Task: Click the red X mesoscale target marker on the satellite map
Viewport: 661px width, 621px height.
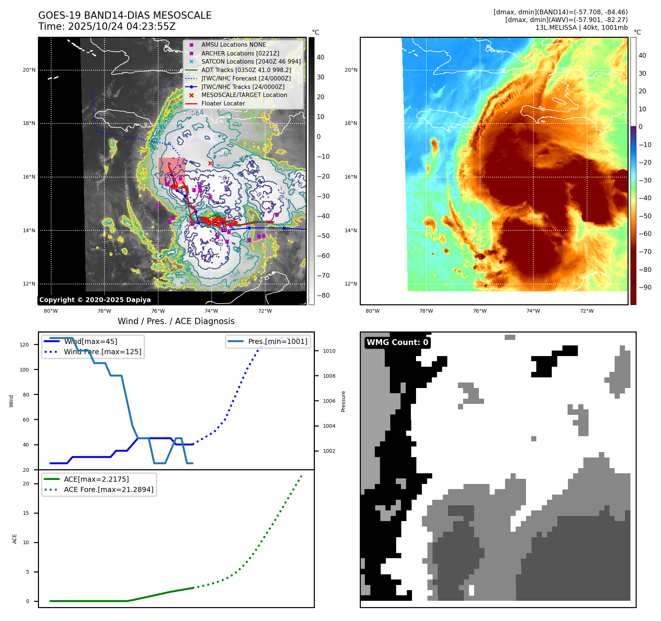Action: pyautogui.click(x=210, y=163)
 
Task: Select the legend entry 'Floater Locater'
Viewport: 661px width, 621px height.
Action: pyautogui.click(x=223, y=104)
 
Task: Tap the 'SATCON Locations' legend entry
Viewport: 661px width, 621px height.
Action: pyautogui.click(x=251, y=62)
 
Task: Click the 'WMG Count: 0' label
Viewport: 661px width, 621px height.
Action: pyautogui.click(x=397, y=342)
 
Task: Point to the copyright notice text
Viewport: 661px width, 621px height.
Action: pyautogui.click(x=95, y=300)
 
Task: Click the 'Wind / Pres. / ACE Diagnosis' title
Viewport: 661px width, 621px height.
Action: pyautogui.click(x=176, y=321)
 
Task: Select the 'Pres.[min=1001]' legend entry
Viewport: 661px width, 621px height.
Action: pyautogui.click(x=277, y=341)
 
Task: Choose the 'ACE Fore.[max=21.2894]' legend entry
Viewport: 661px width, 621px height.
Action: pyautogui.click(x=109, y=489)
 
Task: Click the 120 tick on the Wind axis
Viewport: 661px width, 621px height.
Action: pyautogui.click(x=24, y=345)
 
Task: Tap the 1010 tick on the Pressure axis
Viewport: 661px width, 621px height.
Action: pyautogui.click(x=329, y=351)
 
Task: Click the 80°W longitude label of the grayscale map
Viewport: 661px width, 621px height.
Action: pyautogui.click(x=51, y=311)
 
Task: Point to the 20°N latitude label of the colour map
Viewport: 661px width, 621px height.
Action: pyautogui.click(x=351, y=70)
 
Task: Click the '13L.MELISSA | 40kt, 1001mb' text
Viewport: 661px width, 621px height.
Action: pyautogui.click(x=581, y=28)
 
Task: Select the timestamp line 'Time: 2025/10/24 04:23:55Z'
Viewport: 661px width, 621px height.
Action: pyautogui.click(x=107, y=26)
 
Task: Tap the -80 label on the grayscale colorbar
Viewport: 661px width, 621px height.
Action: pyautogui.click(x=323, y=295)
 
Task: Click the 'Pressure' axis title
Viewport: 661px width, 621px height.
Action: pyautogui.click(x=343, y=401)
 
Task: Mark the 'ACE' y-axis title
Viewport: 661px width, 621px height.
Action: pyautogui.click(x=15, y=539)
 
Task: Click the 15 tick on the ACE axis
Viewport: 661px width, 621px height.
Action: pyautogui.click(x=26, y=513)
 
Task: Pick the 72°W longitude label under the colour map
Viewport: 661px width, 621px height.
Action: pyautogui.click(x=587, y=311)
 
